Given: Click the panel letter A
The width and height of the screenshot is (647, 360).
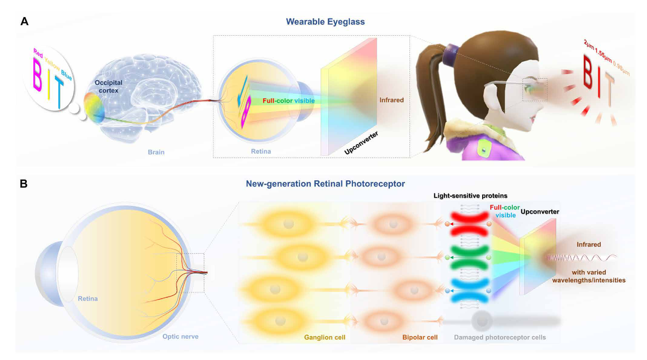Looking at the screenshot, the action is coord(25,21).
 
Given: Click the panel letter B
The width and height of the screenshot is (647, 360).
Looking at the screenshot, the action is coord(24,184).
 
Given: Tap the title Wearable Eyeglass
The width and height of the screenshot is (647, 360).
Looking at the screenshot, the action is coord(325,22).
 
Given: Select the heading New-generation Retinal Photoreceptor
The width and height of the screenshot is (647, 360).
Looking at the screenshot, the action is coord(325,184).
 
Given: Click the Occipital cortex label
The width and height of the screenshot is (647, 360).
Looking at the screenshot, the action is coord(108,87).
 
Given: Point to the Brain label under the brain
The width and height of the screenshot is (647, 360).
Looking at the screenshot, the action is coord(156,152).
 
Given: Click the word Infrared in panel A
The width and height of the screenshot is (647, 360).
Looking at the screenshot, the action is coord(391,100).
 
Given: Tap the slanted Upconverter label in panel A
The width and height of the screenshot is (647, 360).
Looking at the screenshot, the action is coord(362,143).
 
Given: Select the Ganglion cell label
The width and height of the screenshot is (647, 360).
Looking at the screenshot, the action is coord(325,337).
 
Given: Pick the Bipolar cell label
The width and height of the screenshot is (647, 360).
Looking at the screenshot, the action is coord(420,337).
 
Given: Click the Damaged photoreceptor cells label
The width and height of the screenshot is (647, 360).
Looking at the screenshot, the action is coord(500,337).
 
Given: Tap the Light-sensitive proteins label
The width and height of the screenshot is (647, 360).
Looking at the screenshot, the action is coord(470,196).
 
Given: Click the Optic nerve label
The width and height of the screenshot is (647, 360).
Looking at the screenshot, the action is coord(180,337).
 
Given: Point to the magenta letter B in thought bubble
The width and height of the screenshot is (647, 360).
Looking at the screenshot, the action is coord(37,75).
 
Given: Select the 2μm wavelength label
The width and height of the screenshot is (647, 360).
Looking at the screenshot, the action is coord(589,45).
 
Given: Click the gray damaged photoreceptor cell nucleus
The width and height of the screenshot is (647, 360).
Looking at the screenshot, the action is coord(482,321).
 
